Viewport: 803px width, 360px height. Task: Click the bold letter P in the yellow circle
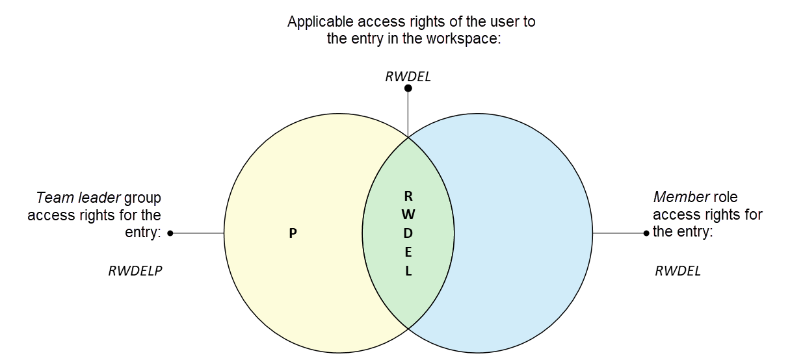(x=293, y=233)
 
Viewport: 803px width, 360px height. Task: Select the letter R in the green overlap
(x=408, y=196)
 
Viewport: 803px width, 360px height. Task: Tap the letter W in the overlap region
(x=408, y=214)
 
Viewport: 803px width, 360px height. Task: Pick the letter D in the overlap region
(x=408, y=233)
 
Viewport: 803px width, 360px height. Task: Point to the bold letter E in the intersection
(x=408, y=252)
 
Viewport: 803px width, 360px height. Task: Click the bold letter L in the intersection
(x=408, y=272)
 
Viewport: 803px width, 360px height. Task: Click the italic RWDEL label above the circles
(x=408, y=77)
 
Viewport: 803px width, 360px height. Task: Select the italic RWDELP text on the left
(x=135, y=271)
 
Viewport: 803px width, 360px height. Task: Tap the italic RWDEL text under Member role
(x=678, y=271)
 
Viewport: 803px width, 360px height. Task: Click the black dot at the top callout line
(x=408, y=88)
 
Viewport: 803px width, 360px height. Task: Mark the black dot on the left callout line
(x=170, y=233)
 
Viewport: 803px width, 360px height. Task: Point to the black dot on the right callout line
(x=646, y=233)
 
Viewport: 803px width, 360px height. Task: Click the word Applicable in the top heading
(x=319, y=21)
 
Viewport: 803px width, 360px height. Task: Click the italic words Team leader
(x=78, y=197)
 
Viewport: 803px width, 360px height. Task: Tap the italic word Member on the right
(x=681, y=197)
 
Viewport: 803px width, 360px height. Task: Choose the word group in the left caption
(x=142, y=198)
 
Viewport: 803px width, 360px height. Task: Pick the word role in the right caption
(x=726, y=197)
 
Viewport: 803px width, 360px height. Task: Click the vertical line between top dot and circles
(x=408, y=114)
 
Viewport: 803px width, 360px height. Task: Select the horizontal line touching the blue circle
(x=618, y=233)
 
